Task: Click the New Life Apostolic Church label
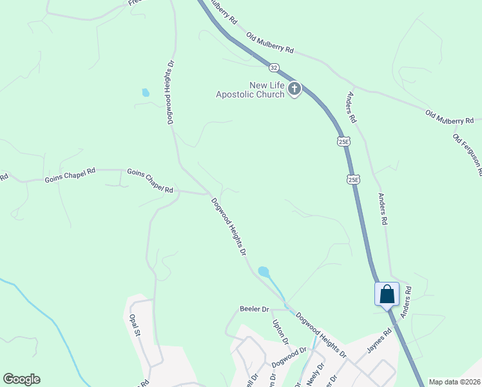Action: click(x=250, y=90)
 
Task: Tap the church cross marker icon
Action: click(x=294, y=89)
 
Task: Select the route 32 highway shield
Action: click(x=275, y=67)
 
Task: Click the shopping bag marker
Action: click(x=387, y=295)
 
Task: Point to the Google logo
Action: click(x=21, y=379)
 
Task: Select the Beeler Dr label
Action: click(x=254, y=310)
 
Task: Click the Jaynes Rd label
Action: click(x=380, y=342)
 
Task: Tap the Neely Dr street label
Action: click(x=313, y=374)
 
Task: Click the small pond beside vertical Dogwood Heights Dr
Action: click(x=146, y=93)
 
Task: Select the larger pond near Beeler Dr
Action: click(x=264, y=272)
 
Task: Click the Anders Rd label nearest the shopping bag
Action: click(x=405, y=303)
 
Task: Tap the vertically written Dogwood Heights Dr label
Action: click(x=171, y=92)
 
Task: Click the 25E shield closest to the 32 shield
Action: click(x=343, y=141)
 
